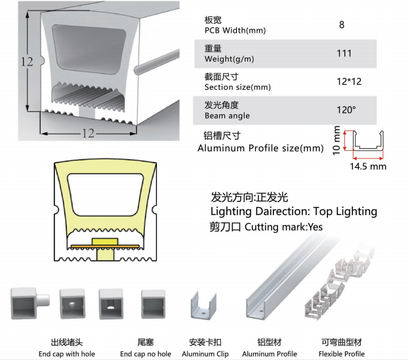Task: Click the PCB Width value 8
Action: point(342,25)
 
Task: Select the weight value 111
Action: point(344,54)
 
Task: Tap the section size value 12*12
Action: point(348,81)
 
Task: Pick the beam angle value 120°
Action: point(346,110)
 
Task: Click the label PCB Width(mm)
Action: point(235,30)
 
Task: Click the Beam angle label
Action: point(227,115)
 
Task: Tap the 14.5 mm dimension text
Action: point(368,167)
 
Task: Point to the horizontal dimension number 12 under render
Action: point(88,134)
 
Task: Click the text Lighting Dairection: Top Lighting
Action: point(293,211)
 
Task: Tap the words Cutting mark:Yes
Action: point(283,227)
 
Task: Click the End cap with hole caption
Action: point(66,354)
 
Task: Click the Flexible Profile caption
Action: point(342,354)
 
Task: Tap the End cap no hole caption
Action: point(146,354)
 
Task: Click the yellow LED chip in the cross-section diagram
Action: point(104,242)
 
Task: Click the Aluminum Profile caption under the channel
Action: point(270,354)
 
